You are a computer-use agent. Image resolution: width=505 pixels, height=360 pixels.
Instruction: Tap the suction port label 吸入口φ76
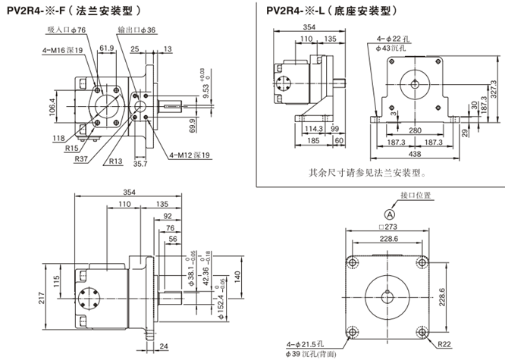pyautogui.click(x=67, y=30)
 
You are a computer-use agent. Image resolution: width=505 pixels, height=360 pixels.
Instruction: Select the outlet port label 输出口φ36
pyautogui.click(x=136, y=30)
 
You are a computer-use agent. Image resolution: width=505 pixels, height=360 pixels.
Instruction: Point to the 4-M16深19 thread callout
pyautogui.click(x=58, y=50)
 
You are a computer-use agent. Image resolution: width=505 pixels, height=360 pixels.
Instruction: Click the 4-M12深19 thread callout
pyautogui.click(x=190, y=155)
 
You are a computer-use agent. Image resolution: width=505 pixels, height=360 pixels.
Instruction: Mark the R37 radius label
pyautogui.click(x=80, y=158)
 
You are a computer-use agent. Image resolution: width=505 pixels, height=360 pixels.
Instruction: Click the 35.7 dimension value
pyautogui.click(x=140, y=163)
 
